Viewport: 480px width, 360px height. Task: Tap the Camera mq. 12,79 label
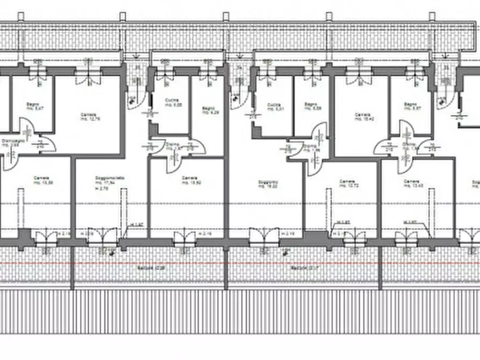(x=89, y=117)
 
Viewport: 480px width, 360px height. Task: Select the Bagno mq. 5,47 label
(x=34, y=107)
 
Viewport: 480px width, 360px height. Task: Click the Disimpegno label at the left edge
(x=10, y=143)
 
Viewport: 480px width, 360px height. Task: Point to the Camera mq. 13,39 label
(x=43, y=181)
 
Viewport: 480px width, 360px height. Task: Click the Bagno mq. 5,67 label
(x=410, y=106)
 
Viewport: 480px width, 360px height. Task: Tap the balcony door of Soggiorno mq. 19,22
(x=264, y=237)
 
